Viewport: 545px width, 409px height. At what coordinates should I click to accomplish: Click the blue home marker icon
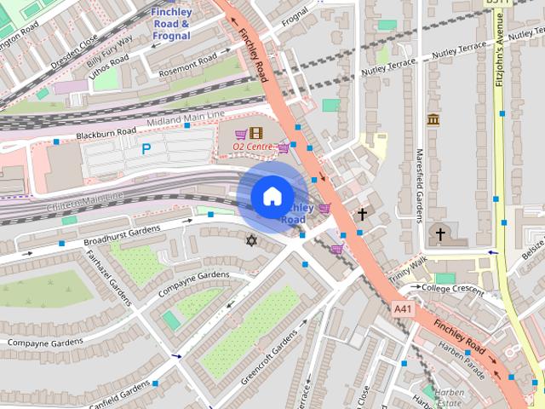coord(272,197)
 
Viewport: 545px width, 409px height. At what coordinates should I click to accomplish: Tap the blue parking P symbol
coord(146,149)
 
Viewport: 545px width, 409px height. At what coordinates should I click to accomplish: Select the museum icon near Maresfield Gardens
coord(433,119)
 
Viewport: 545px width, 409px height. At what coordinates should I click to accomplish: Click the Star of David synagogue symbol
coord(250,241)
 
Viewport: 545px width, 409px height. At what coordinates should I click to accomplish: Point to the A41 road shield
coord(403,308)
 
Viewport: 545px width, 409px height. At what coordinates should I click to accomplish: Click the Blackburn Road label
coord(106,134)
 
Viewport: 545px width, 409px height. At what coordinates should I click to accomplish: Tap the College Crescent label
coord(453,288)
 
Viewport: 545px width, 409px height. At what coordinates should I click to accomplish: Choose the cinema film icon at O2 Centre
coord(255,133)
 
